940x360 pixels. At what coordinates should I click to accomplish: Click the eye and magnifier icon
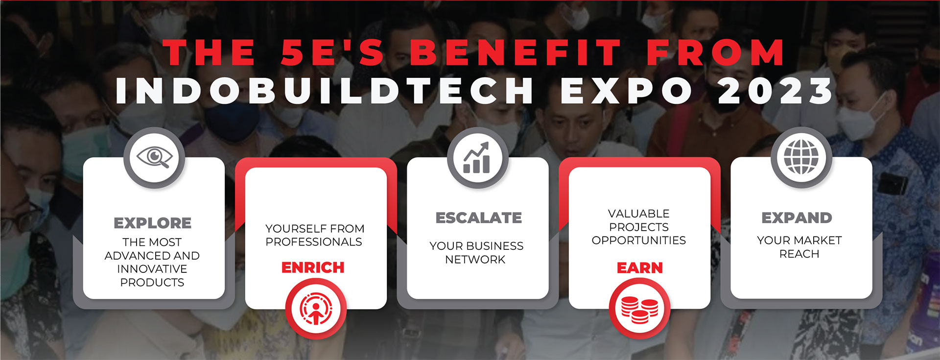point(154,158)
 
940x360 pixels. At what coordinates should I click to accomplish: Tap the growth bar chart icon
point(477,158)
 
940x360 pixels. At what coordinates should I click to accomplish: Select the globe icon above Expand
point(801,157)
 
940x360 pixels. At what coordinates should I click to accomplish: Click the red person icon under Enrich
point(316,309)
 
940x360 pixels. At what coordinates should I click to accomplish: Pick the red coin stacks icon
point(639,309)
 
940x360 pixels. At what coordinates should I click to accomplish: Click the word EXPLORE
point(152,223)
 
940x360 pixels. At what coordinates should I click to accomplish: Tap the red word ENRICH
point(313,267)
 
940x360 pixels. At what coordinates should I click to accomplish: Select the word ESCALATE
point(478,218)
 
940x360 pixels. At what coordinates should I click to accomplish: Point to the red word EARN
point(639,268)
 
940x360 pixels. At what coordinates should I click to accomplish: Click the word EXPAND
point(797,218)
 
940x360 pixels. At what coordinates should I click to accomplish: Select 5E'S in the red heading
point(333,53)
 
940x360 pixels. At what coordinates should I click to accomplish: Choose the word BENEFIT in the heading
point(516,53)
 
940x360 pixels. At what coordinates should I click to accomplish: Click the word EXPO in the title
point(627,91)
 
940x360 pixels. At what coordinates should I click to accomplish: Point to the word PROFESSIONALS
point(314,242)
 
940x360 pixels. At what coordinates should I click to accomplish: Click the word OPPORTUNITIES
point(639,240)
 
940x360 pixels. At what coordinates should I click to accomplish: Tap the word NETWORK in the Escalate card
point(475,260)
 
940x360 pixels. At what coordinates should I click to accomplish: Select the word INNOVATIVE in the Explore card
point(152,269)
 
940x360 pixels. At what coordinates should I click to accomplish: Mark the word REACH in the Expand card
point(799,254)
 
